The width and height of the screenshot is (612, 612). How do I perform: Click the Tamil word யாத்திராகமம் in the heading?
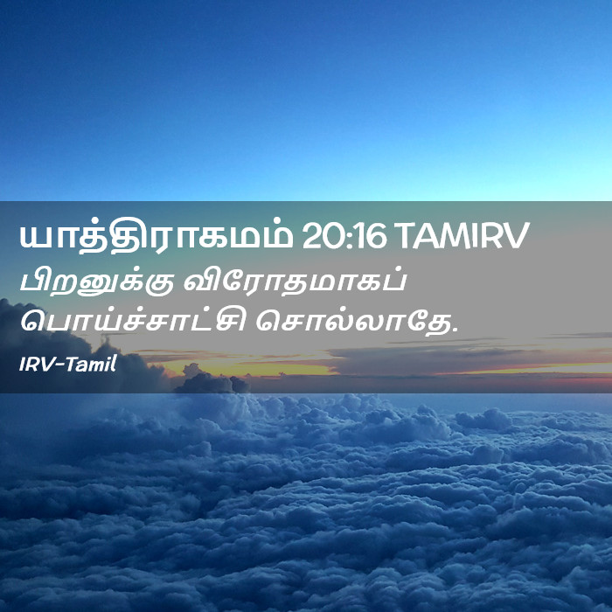point(156,237)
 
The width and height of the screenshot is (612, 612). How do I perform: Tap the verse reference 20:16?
point(344,237)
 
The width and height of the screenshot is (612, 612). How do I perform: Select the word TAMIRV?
point(464,237)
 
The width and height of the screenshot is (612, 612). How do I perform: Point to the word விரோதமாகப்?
point(296,281)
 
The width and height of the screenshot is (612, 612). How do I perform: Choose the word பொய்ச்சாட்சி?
point(133,323)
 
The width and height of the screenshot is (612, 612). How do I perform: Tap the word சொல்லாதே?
point(354,323)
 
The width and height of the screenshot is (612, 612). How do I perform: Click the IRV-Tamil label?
point(68,365)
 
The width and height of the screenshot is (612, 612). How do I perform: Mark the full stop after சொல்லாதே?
point(455,330)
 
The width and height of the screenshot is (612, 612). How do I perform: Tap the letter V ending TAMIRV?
point(517,237)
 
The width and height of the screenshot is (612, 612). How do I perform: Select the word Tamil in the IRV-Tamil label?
point(91,365)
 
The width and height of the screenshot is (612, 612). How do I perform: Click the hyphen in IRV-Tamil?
point(59,365)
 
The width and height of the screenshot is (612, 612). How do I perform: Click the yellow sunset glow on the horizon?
point(250,367)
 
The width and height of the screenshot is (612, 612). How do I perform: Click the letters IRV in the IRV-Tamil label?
point(37,365)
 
